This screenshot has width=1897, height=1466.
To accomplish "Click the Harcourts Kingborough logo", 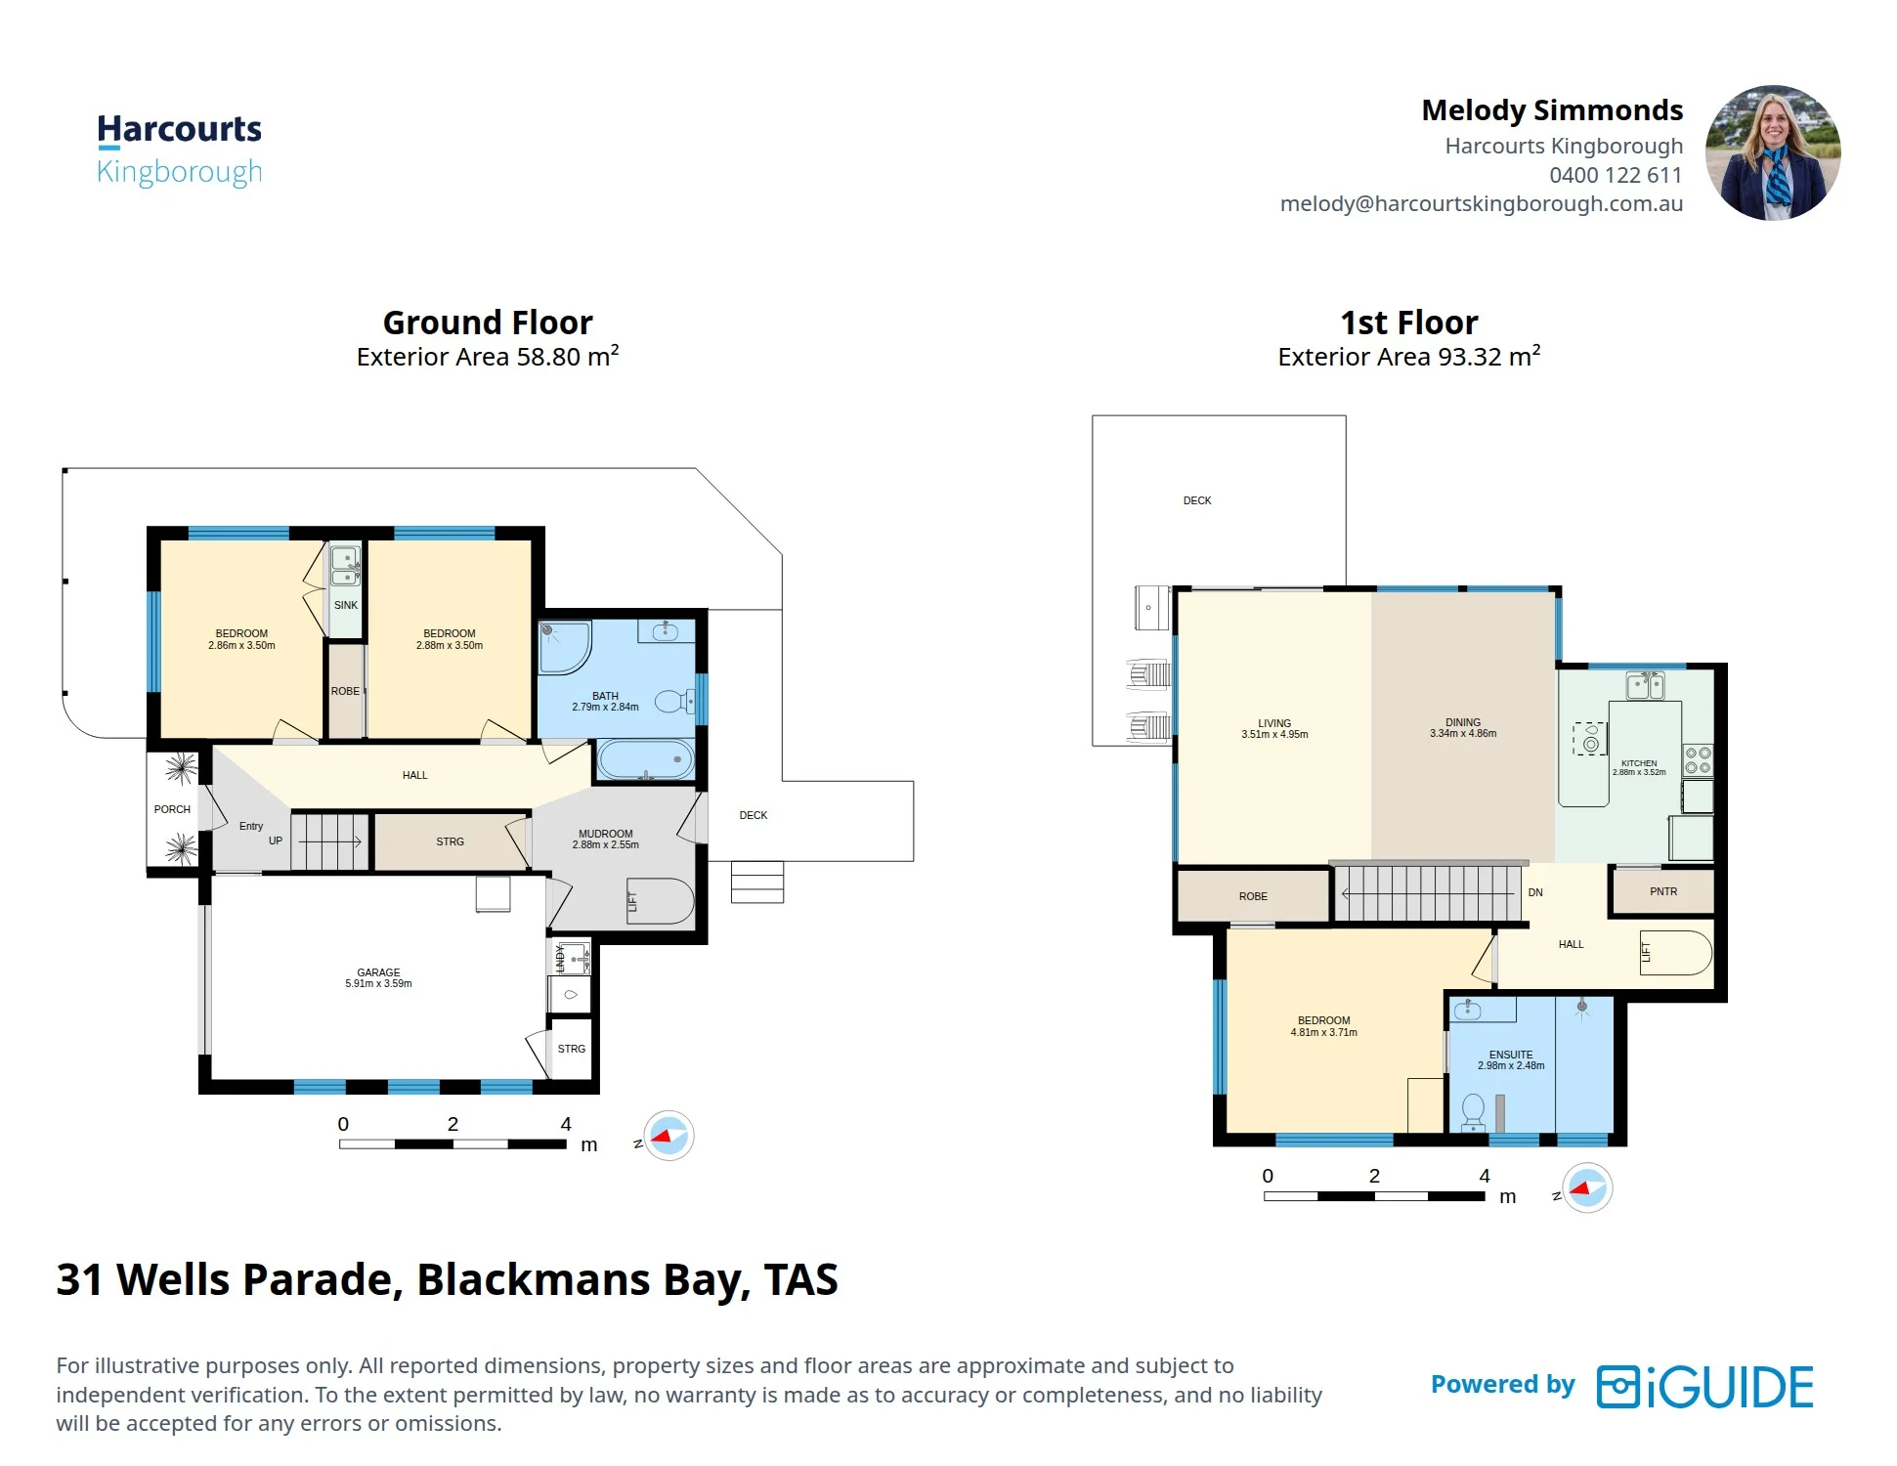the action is tap(179, 150).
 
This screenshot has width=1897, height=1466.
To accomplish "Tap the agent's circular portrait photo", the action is tap(1773, 152).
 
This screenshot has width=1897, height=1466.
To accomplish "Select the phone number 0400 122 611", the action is tap(1616, 175).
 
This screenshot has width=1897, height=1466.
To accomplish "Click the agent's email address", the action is tap(1482, 204).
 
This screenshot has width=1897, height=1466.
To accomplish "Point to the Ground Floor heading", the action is tap(488, 323).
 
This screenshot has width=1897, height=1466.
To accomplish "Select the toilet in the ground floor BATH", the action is tap(674, 701).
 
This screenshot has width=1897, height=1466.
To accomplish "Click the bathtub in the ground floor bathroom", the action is tap(645, 759).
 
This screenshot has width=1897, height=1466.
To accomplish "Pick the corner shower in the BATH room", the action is tap(565, 646).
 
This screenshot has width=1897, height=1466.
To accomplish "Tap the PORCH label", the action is tap(172, 809).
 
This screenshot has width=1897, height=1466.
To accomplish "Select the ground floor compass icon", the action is tap(668, 1136).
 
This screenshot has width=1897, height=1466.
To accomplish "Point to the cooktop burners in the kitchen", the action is tap(1698, 760).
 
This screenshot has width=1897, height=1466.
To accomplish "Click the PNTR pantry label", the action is tap(1663, 891).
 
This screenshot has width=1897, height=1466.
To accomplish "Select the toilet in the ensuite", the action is tap(1473, 1112).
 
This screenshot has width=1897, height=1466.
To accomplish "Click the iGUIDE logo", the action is tap(1704, 1387).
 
